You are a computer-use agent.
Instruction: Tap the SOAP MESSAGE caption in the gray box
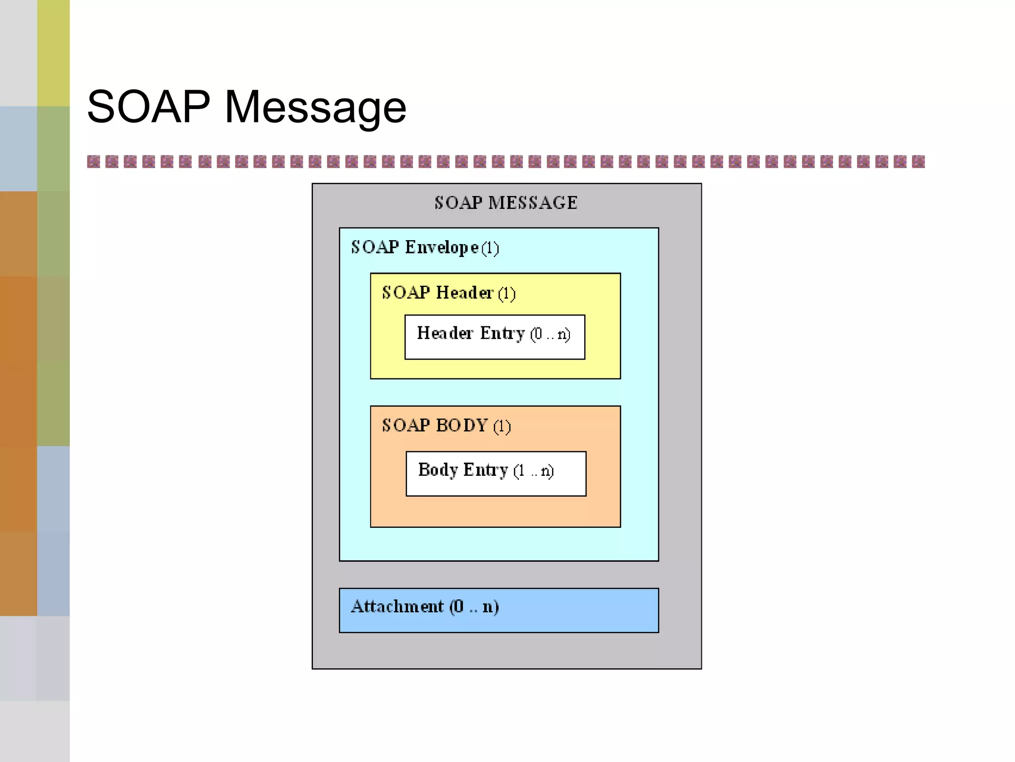point(506,203)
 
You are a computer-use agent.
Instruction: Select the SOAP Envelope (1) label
point(425,248)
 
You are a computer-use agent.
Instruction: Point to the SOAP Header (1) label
point(449,293)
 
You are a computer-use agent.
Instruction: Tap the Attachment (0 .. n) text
point(425,607)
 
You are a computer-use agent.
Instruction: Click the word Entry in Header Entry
point(502,333)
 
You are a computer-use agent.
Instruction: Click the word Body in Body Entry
point(438,470)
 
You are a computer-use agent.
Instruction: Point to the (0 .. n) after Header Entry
point(550,334)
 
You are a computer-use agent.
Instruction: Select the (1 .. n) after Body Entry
point(533,471)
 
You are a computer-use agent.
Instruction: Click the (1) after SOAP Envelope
point(490,248)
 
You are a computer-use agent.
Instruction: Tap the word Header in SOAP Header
point(464,293)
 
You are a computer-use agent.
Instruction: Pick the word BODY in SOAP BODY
point(462,426)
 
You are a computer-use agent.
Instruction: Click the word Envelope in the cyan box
point(442,248)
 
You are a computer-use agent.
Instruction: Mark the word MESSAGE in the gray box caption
point(533,203)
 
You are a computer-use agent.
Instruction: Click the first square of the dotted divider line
point(93,162)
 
